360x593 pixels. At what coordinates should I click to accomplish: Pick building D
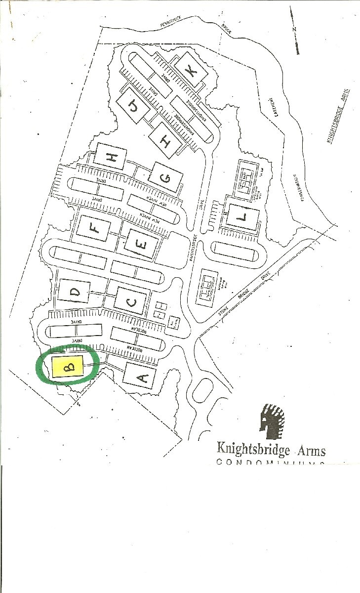pos(75,292)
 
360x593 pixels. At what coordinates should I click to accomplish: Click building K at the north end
pos(191,71)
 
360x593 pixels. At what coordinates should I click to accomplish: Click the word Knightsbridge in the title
pos(250,450)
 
